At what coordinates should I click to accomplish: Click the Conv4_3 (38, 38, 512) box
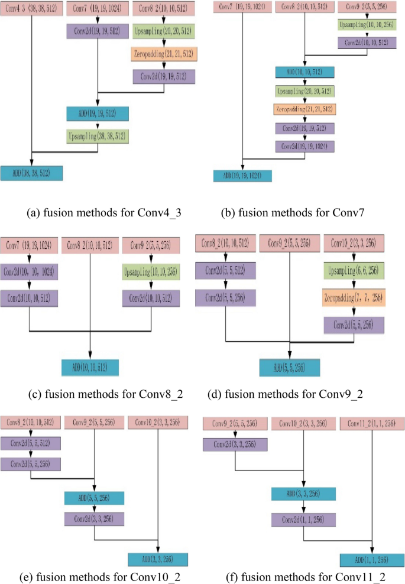[31, 10]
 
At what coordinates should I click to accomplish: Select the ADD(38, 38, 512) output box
[31, 173]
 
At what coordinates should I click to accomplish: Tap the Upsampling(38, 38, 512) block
[97, 135]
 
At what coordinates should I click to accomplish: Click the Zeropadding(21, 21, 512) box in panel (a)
[164, 54]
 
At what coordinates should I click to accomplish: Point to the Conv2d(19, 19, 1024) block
[305, 145]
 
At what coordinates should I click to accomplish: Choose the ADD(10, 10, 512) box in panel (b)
[305, 72]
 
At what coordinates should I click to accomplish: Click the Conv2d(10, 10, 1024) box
[30, 272]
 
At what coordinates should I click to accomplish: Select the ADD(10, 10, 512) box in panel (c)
[90, 368]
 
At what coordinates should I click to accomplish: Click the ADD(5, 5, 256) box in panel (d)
[290, 367]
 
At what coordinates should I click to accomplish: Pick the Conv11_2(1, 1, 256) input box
[371, 424]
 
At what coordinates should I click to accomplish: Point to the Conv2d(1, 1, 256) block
[303, 520]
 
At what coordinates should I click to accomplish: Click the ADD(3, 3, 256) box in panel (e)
[158, 559]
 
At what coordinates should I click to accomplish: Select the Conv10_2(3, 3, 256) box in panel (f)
[303, 424]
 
